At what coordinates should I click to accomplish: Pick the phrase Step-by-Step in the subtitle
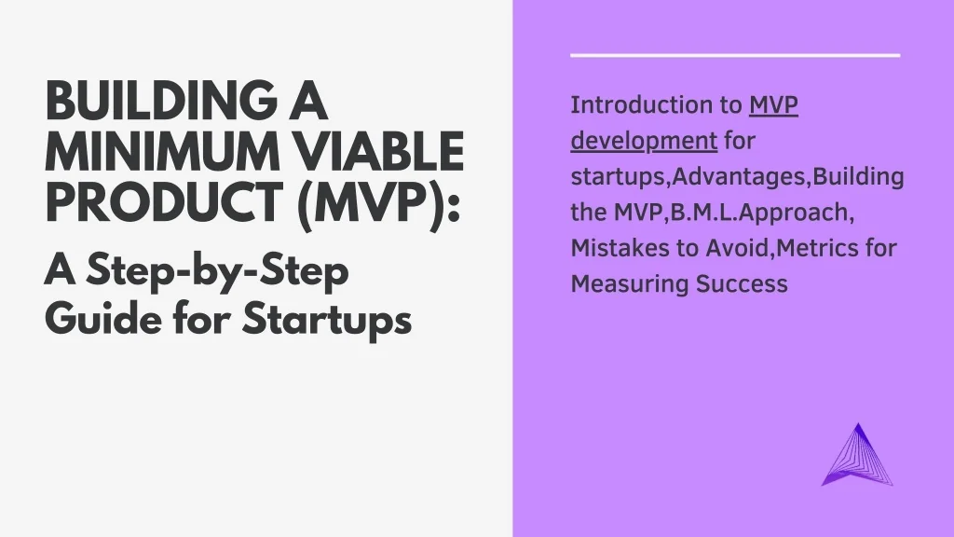pos(217,271)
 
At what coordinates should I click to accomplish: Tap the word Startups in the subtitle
pos(327,319)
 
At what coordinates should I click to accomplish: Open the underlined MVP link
pos(773,104)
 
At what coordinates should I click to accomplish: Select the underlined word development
pos(644,142)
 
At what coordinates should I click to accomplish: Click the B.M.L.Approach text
pos(759,213)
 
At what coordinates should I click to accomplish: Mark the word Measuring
pos(630,284)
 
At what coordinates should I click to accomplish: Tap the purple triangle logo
pos(857,455)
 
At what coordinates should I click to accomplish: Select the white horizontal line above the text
pos(735,55)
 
